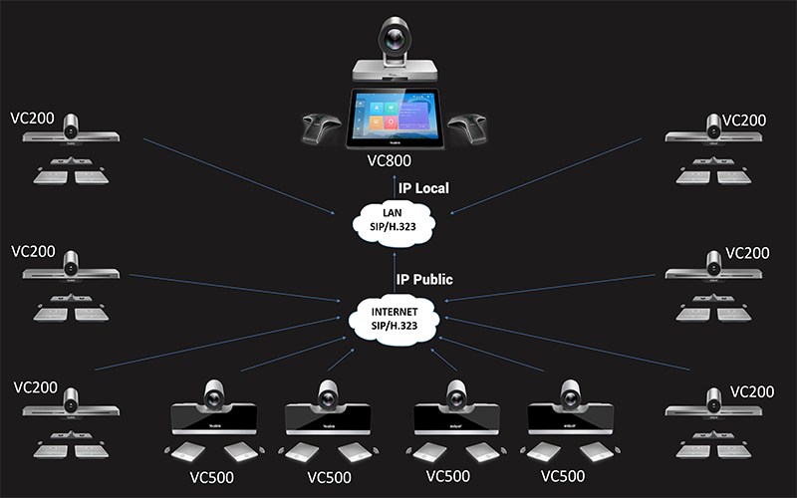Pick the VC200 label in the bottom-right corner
click(x=751, y=391)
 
